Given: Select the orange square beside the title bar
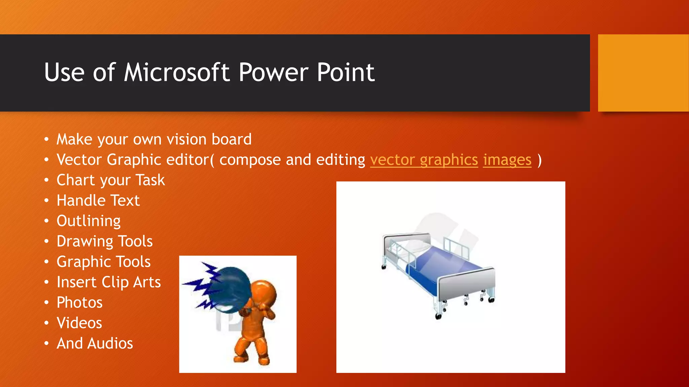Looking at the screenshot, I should tap(643, 73).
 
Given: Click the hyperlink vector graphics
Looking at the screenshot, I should tap(424, 160).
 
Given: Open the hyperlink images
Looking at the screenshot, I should tap(507, 160).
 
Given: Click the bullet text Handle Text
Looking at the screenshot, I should tap(98, 201).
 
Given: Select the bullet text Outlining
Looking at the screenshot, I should tap(88, 221).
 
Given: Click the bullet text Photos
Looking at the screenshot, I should tap(79, 303).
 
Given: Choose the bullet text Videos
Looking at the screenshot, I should tap(79, 323).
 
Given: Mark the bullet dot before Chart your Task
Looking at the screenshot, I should tap(46, 180).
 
